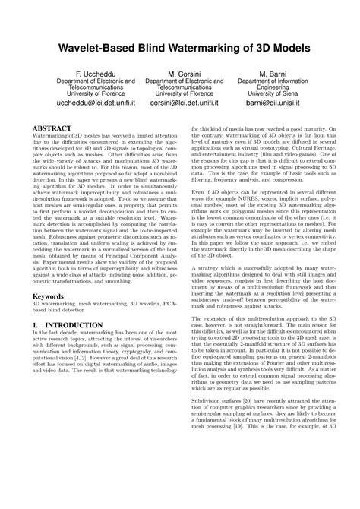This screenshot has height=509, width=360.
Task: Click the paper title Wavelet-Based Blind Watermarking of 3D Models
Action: [180, 47]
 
